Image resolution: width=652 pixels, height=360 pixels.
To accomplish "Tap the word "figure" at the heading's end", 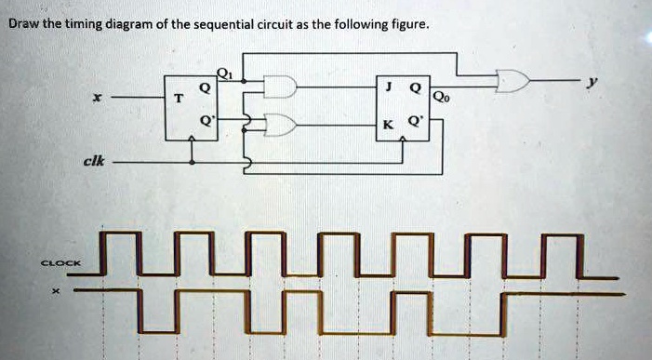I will [406, 25].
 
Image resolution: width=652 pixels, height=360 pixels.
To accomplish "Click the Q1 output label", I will [223, 73].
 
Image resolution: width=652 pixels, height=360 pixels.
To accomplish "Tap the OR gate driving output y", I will [511, 83].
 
